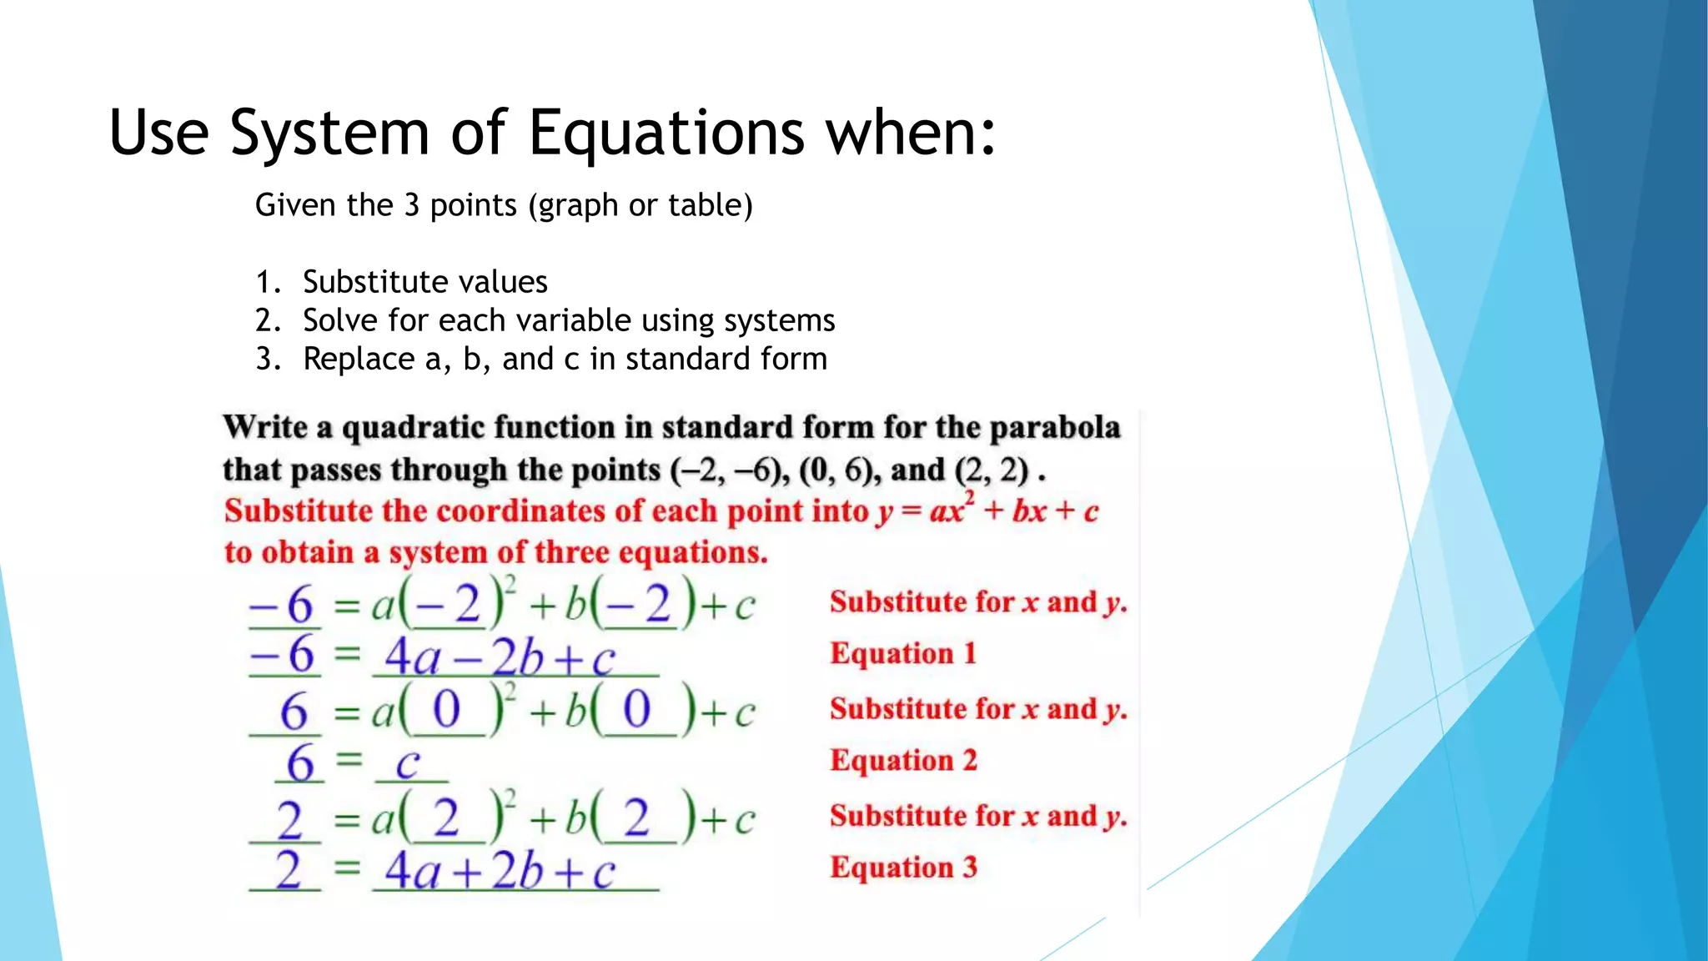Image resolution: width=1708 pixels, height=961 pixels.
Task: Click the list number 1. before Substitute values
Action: pos(268,283)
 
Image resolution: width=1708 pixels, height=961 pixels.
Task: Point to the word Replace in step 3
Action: pos(358,360)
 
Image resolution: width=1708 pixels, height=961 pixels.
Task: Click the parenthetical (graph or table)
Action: pos(640,206)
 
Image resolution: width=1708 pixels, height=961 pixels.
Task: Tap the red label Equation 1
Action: pos(902,653)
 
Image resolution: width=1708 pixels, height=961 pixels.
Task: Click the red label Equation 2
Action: pos(902,760)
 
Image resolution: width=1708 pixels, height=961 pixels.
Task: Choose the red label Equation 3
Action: pos(902,868)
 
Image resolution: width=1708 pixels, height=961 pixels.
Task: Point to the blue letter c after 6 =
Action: pos(407,763)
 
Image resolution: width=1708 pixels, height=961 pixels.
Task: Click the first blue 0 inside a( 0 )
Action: pos(446,711)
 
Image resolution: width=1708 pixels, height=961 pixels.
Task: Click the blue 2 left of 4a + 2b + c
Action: pos(288,871)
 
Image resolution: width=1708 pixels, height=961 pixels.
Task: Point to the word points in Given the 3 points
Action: pos(473,206)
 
